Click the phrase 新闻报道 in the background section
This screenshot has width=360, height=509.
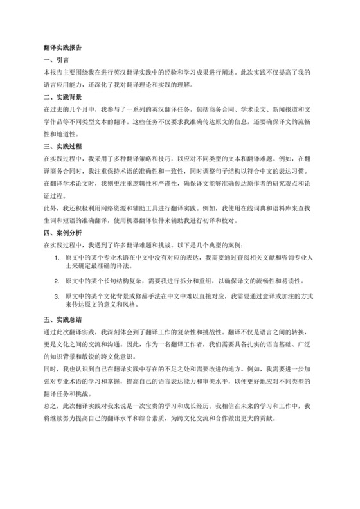click(x=282, y=111)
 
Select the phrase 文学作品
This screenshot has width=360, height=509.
click(x=57, y=122)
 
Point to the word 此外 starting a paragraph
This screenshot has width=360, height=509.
click(x=48, y=209)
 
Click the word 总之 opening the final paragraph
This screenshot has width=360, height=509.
click(x=48, y=407)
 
